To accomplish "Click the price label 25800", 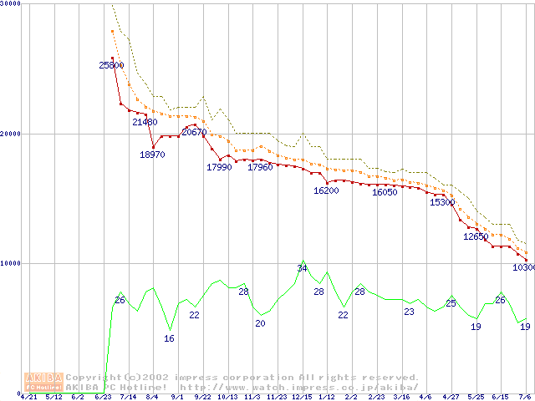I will coord(111,65).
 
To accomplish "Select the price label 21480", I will coord(145,122).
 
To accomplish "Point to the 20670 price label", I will coord(194,133).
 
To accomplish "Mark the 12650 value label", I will coord(476,237).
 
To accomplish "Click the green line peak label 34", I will coord(302,268).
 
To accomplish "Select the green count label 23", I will coord(409,312).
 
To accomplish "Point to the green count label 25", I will coord(451,303).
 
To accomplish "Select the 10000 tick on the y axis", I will coord(9,263).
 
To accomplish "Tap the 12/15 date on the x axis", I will coord(302,396).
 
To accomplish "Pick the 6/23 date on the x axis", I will coord(103,396).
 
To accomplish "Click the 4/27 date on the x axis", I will coord(451,396).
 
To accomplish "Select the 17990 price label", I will coord(219,168).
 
